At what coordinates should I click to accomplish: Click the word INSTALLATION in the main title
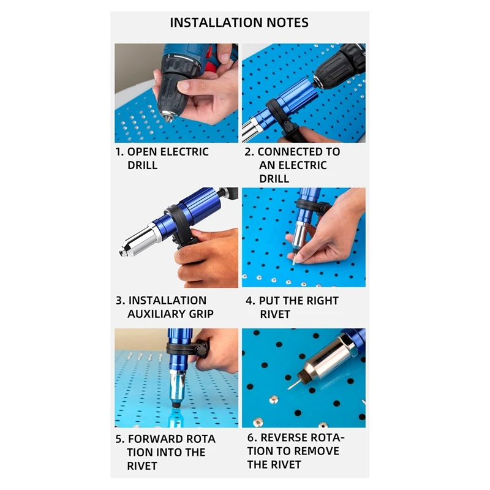click(216, 23)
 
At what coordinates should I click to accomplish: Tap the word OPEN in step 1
click(142, 152)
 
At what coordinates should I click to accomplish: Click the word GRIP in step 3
click(202, 314)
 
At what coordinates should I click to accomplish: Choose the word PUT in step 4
click(269, 301)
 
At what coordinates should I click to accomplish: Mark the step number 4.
click(250, 301)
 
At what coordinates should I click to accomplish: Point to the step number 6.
click(252, 438)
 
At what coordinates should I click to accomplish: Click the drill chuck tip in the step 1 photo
click(167, 116)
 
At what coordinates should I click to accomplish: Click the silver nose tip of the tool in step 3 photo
click(123, 251)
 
